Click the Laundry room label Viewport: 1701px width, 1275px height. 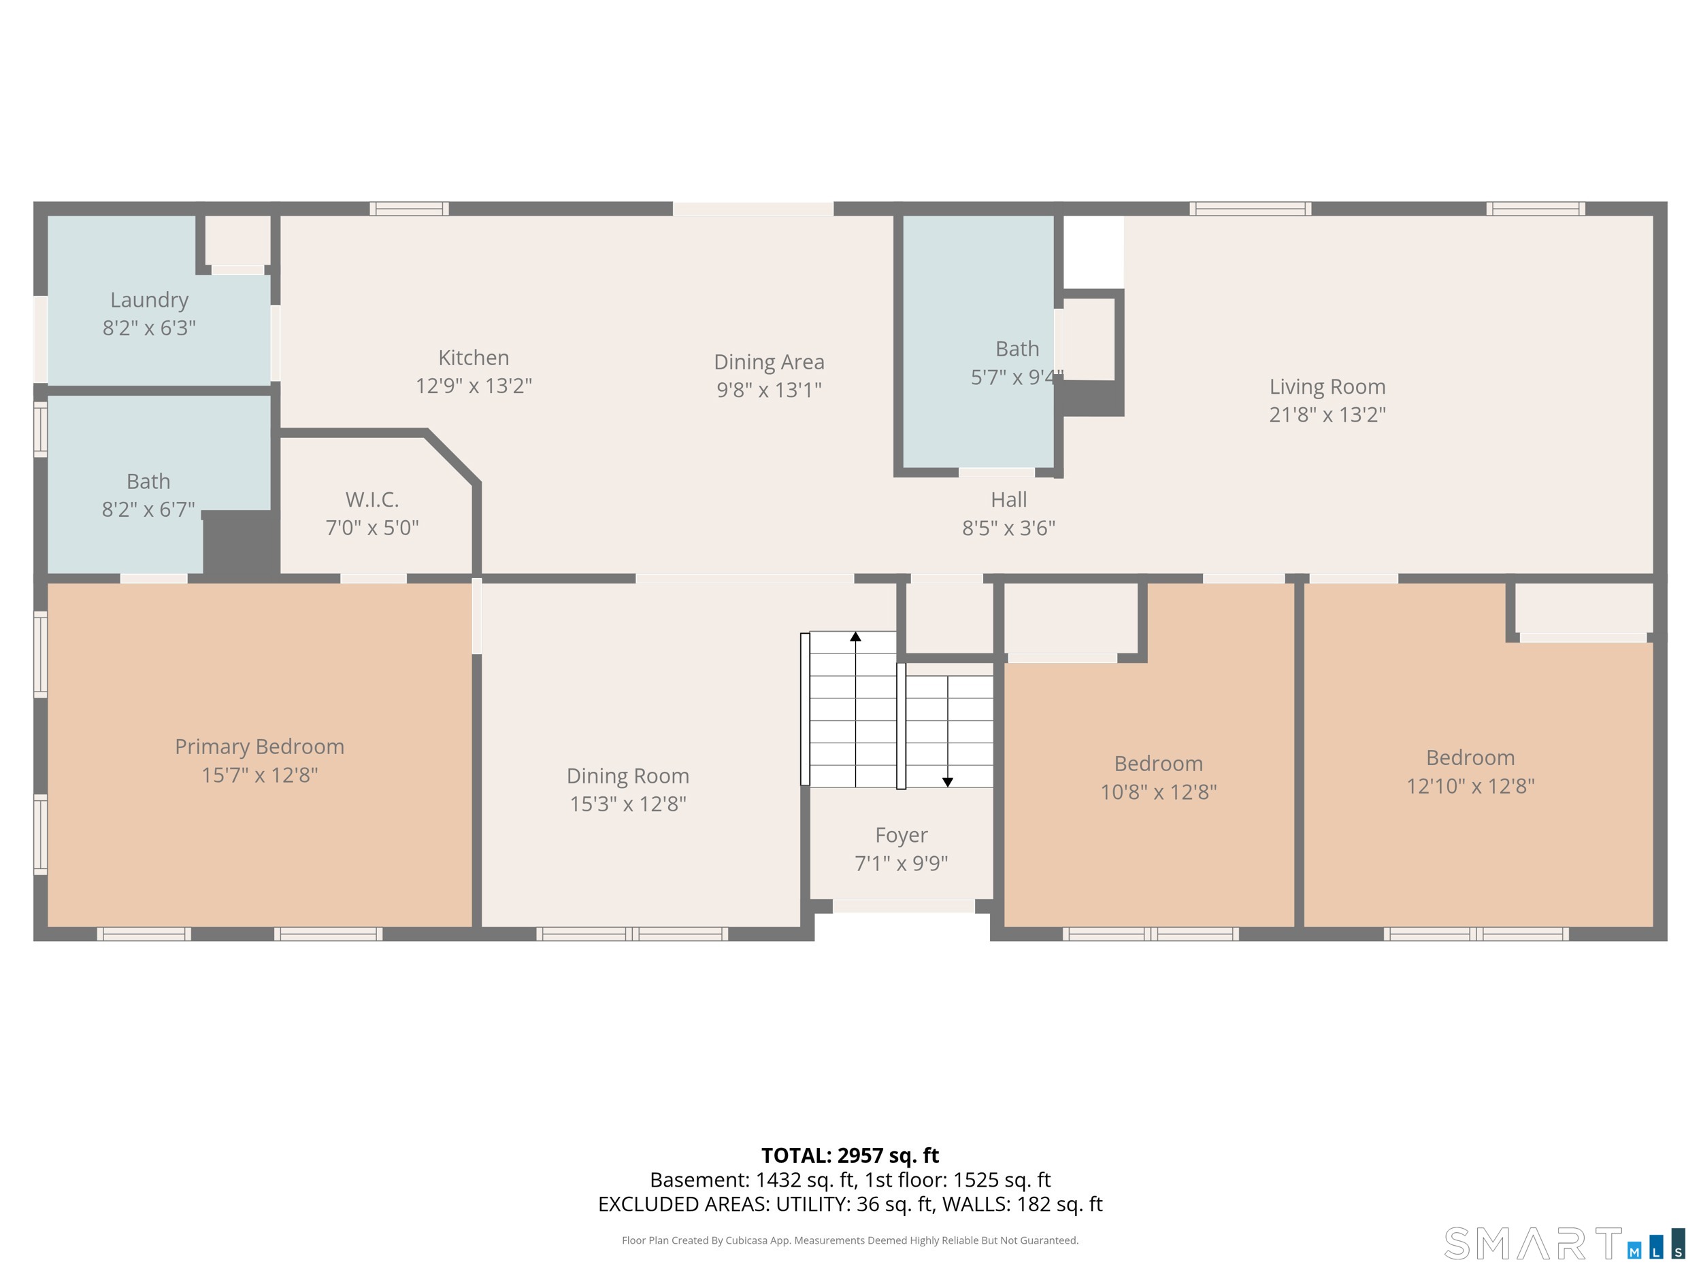click(x=149, y=300)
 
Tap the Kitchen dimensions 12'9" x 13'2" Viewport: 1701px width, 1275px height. click(x=474, y=385)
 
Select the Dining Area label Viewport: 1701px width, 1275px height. click(x=769, y=362)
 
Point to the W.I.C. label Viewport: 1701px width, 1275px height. click(x=372, y=500)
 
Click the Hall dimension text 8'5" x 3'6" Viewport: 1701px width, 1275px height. click(x=1009, y=528)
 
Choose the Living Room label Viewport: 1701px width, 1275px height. click(x=1327, y=386)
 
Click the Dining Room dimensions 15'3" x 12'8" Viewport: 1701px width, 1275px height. click(x=627, y=804)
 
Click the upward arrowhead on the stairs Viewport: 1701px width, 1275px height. click(x=855, y=636)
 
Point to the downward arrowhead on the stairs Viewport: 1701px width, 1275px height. click(x=947, y=781)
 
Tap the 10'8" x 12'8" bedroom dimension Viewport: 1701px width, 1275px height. click(x=1158, y=792)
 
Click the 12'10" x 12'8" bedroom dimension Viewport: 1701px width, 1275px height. click(x=1470, y=785)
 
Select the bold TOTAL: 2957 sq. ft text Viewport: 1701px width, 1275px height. click(x=850, y=1155)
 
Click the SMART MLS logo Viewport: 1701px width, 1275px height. click(x=1564, y=1243)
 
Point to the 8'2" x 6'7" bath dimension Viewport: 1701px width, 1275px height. click(x=148, y=509)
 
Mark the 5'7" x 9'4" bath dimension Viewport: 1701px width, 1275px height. click(x=1017, y=377)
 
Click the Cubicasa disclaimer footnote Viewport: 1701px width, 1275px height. click(x=850, y=1240)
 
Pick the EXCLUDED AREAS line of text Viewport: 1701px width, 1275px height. click(x=850, y=1204)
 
